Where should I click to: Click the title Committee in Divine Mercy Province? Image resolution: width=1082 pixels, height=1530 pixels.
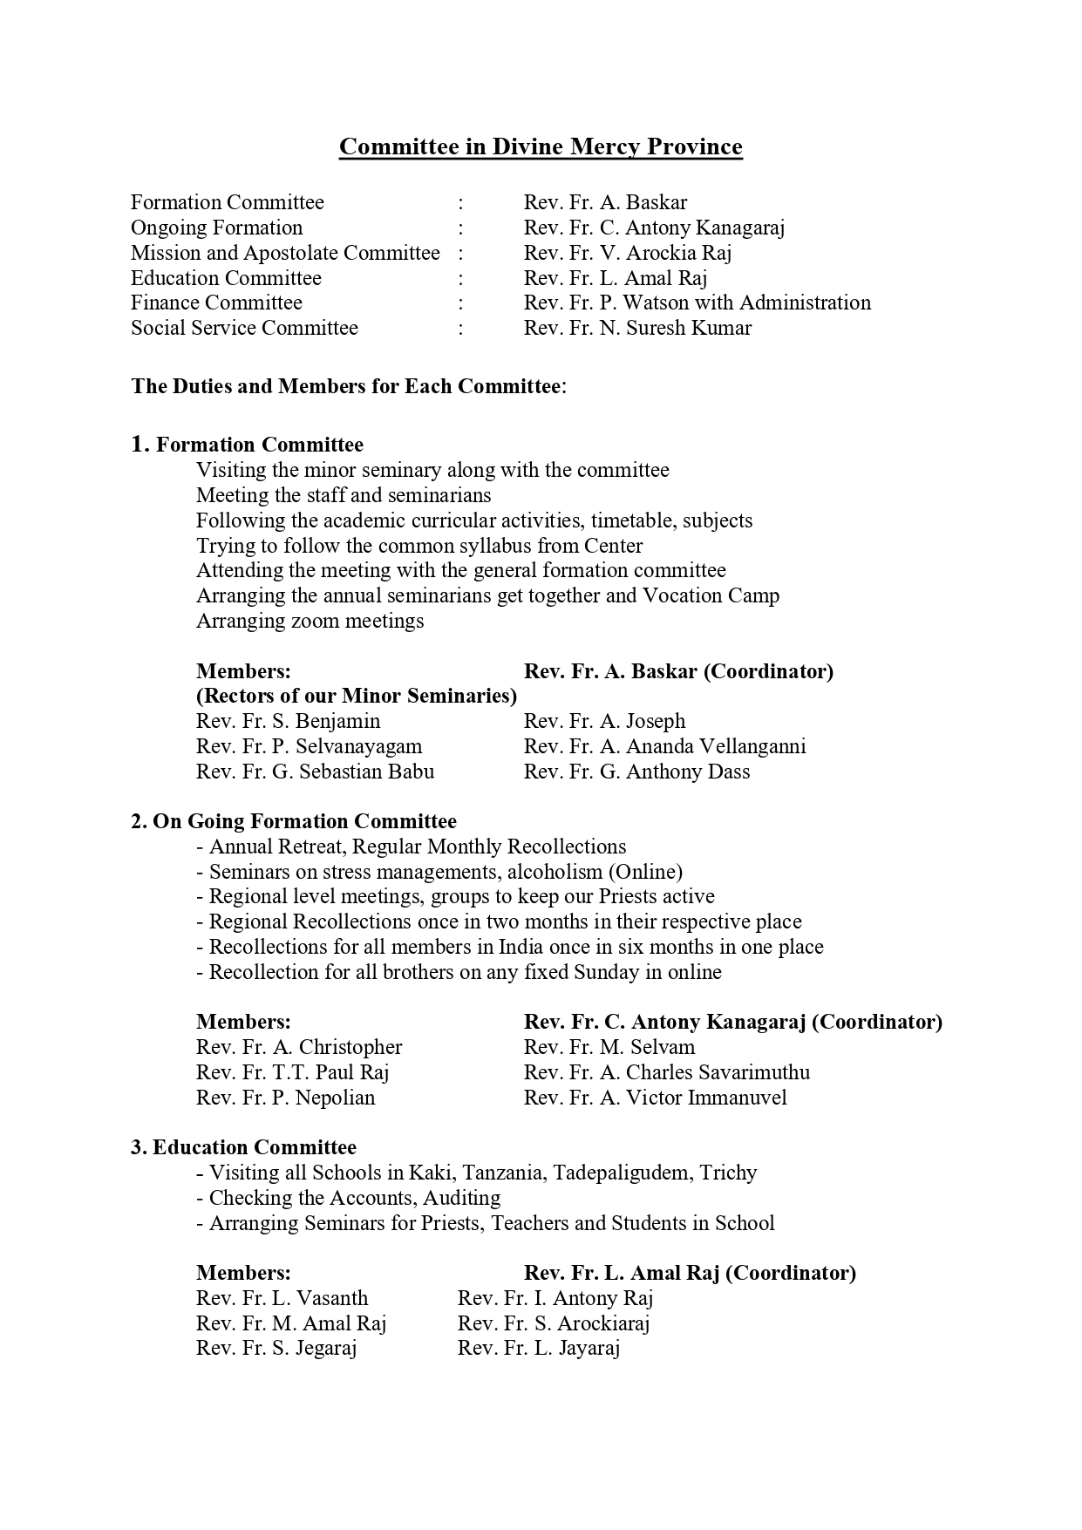pyautogui.click(x=541, y=146)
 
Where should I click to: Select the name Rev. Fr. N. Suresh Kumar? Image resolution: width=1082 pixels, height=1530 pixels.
pyautogui.click(x=636, y=328)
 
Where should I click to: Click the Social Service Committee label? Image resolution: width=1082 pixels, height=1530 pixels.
pyautogui.click(x=244, y=328)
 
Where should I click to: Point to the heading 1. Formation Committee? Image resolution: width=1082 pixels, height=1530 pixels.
pyautogui.click(x=248, y=445)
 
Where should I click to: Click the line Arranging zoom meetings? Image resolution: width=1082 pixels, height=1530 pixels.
pyautogui.click(x=310, y=621)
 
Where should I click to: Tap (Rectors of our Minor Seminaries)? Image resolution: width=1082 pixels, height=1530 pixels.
pyautogui.click(x=356, y=696)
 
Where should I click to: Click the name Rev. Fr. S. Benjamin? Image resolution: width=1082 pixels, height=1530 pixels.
pyautogui.click(x=288, y=721)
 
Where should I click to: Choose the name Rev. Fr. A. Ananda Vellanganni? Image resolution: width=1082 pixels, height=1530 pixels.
pyautogui.click(x=664, y=746)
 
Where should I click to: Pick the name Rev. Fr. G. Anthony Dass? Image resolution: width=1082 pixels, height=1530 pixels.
pyautogui.click(x=636, y=772)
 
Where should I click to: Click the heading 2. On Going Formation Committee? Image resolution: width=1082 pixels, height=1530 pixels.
pyautogui.click(x=294, y=821)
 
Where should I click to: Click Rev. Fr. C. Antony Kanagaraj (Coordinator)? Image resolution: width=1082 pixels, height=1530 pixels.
pyautogui.click(x=732, y=1022)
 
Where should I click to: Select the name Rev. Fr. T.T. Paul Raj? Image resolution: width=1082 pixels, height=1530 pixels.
pyautogui.click(x=292, y=1072)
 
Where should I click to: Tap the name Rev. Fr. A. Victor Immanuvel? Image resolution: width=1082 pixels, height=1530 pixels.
pyautogui.click(x=655, y=1098)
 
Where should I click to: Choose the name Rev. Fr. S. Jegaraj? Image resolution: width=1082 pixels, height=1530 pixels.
pyautogui.click(x=276, y=1348)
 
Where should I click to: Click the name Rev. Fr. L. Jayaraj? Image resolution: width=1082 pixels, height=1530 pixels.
pyautogui.click(x=538, y=1348)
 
